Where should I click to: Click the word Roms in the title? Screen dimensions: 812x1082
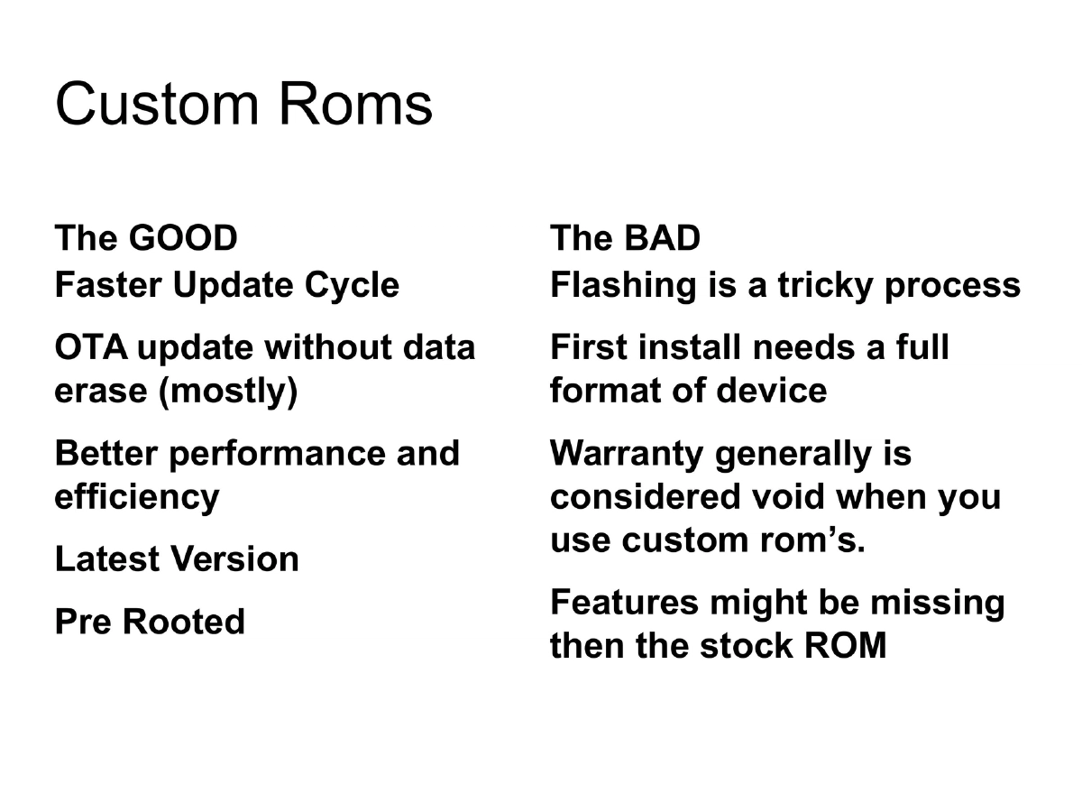click(x=355, y=104)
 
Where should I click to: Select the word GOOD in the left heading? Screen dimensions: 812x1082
click(x=183, y=238)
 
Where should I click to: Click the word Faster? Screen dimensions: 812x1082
click(x=107, y=285)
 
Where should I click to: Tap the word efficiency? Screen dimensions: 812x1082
click(x=136, y=496)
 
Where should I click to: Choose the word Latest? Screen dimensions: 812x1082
click(x=106, y=559)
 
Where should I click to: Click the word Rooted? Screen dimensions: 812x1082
click(x=184, y=622)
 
